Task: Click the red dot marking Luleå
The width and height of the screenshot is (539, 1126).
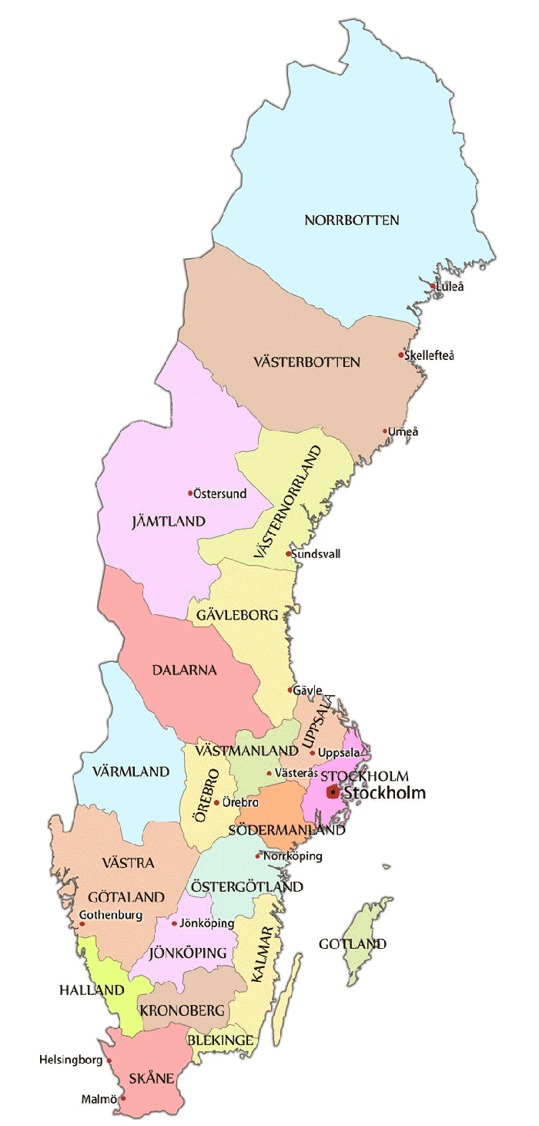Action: click(x=433, y=287)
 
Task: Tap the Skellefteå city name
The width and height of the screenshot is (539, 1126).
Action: click(x=429, y=355)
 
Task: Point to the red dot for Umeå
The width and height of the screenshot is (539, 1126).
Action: click(x=385, y=432)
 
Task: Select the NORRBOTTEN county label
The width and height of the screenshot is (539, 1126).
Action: click(x=352, y=220)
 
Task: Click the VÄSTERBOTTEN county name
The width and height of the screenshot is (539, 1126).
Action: click(x=306, y=361)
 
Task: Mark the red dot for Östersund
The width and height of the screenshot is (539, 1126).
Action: click(x=190, y=493)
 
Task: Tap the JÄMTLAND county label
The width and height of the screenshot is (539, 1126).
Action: click(x=168, y=521)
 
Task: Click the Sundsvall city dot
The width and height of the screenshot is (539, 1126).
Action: click(x=288, y=553)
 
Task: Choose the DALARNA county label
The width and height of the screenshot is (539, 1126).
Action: click(x=184, y=671)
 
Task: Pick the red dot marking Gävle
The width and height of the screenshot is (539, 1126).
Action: click(x=290, y=690)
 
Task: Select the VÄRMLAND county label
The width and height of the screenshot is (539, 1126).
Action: click(x=130, y=771)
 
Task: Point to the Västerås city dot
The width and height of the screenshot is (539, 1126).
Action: click(x=268, y=773)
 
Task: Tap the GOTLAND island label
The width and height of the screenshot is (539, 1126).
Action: click(x=353, y=944)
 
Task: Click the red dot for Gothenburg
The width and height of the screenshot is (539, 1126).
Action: click(x=82, y=923)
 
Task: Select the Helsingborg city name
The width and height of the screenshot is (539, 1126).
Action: click(x=71, y=1060)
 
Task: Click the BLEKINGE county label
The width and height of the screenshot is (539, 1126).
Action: click(x=220, y=1040)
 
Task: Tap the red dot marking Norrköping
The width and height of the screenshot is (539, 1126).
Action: click(x=257, y=856)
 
